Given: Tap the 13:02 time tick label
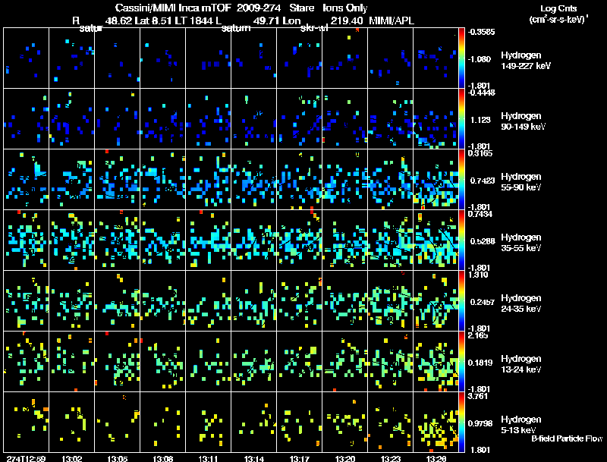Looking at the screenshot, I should (72, 458).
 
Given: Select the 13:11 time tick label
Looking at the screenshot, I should (209, 458).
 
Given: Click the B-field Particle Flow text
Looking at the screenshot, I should (566, 438).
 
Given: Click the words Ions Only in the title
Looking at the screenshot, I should (349, 7).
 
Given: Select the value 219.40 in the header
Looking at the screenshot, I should (347, 22).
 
